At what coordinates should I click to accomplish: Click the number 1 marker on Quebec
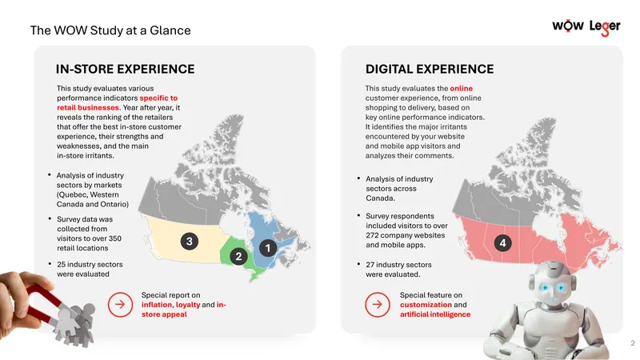(x=268, y=248)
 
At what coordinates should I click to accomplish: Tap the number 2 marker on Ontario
(x=238, y=256)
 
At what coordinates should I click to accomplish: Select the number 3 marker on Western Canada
(x=190, y=242)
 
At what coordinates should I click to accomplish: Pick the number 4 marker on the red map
(x=503, y=243)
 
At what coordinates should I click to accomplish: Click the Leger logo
(x=605, y=27)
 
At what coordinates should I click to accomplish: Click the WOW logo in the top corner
(x=568, y=26)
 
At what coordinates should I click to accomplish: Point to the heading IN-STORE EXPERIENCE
(x=126, y=69)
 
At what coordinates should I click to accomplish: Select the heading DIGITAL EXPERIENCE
(x=430, y=69)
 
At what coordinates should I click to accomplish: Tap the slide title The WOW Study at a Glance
(x=110, y=30)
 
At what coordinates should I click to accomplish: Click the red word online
(x=462, y=88)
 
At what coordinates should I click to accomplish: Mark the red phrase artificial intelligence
(x=435, y=314)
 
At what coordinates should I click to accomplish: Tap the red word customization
(x=426, y=305)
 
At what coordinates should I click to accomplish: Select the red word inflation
(x=157, y=305)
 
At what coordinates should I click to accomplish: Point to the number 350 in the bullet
(x=114, y=238)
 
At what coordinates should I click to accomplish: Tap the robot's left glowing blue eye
(x=545, y=288)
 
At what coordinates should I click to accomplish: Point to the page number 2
(x=633, y=343)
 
